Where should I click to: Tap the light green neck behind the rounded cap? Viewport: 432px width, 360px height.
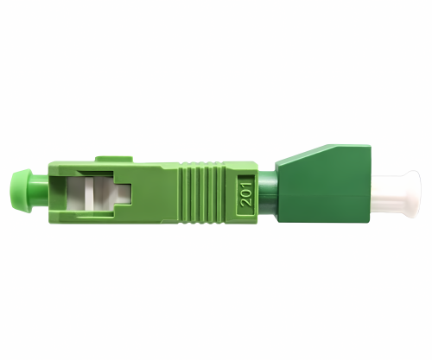(x=41, y=192)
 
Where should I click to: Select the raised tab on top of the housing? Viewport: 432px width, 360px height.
(x=114, y=159)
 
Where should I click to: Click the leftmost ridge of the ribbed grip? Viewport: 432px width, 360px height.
(x=182, y=193)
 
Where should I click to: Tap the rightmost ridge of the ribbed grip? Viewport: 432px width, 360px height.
(x=220, y=193)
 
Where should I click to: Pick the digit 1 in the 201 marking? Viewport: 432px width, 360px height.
(x=247, y=183)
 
